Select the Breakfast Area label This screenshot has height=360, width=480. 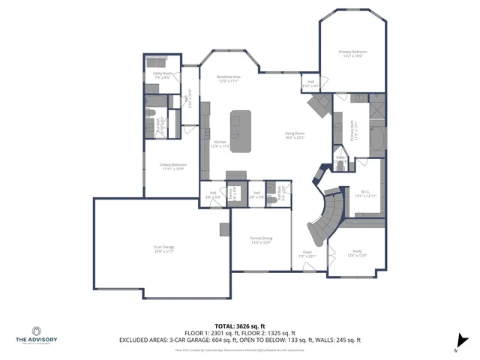click(x=228, y=79)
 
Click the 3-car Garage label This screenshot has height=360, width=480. click(x=164, y=249)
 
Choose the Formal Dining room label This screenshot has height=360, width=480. click(x=261, y=240)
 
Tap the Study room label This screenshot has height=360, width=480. click(x=357, y=253)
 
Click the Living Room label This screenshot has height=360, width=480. click(x=295, y=136)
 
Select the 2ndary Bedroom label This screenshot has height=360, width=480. click(x=173, y=166)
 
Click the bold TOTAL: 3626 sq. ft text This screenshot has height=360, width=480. click(x=239, y=326)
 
